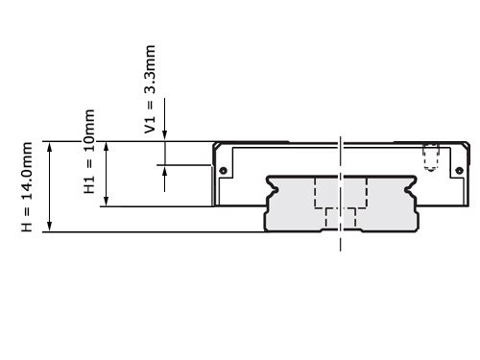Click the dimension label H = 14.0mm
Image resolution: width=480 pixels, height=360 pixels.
pos(28,186)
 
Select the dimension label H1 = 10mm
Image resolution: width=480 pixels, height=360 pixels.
pos(89,154)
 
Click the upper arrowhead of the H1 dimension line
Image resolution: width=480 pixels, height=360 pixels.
pos(106,144)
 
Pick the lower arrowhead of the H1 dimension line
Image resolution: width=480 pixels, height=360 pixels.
pos(106,203)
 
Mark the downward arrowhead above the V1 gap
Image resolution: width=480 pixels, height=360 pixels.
pos(165,137)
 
